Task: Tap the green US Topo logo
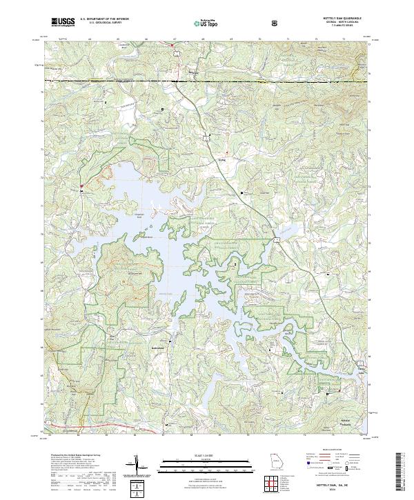pos(206,23)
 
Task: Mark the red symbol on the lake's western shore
pos(81,186)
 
